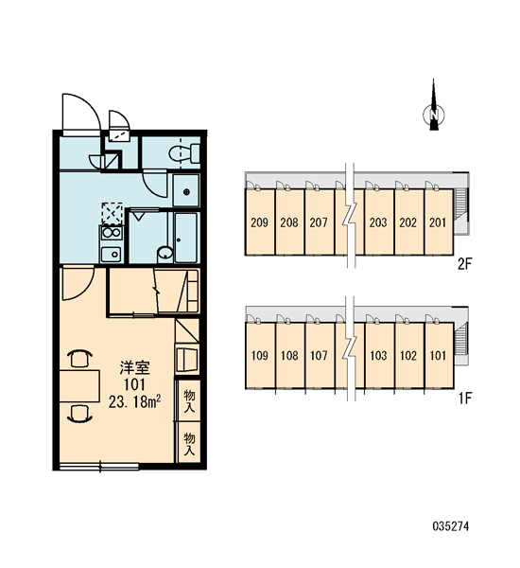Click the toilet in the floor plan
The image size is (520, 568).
click(183, 153)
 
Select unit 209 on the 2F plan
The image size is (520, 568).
click(259, 222)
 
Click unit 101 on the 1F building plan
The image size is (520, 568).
click(439, 355)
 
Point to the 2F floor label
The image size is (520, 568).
click(465, 264)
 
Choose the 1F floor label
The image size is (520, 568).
click(465, 399)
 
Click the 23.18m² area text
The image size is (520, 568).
click(134, 401)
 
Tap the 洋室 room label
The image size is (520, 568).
click(134, 367)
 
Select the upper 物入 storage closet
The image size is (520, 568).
click(189, 400)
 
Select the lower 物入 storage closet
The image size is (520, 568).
click(189, 443)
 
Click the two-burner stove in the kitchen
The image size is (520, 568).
click(112, 233)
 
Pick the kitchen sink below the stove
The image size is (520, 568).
click(112, 255)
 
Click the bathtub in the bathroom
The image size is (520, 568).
click(186, 238)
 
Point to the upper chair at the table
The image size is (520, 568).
click(79, 359)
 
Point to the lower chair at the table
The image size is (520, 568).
click(79, 414)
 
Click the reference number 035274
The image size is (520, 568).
click(451, 526)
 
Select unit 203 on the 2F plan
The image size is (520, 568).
click(378, 222)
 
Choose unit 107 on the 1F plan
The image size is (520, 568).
click(319, 355)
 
